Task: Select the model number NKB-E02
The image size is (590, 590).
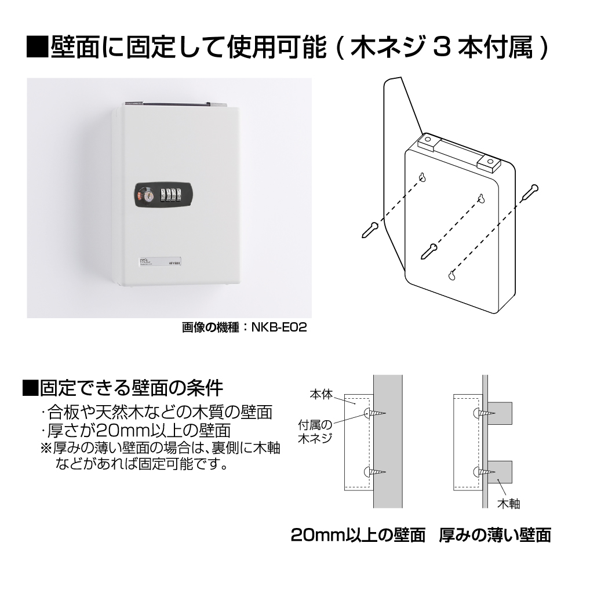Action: [279, 327]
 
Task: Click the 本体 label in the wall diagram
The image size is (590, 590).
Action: [321, 394]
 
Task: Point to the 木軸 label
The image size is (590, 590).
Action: [508, 504]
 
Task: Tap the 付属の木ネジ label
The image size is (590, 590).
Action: [315, 432]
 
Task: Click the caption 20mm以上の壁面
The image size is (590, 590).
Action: [358, 535]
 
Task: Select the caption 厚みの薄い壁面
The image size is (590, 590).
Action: [495, 535]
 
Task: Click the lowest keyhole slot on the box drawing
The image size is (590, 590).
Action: [451, 275]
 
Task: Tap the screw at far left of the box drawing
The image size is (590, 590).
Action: [370, 230]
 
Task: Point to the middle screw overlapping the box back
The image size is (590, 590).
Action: [429, 251]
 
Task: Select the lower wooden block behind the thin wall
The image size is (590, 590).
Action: [500, 472]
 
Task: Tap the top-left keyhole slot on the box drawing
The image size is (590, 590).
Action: [423, 177]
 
